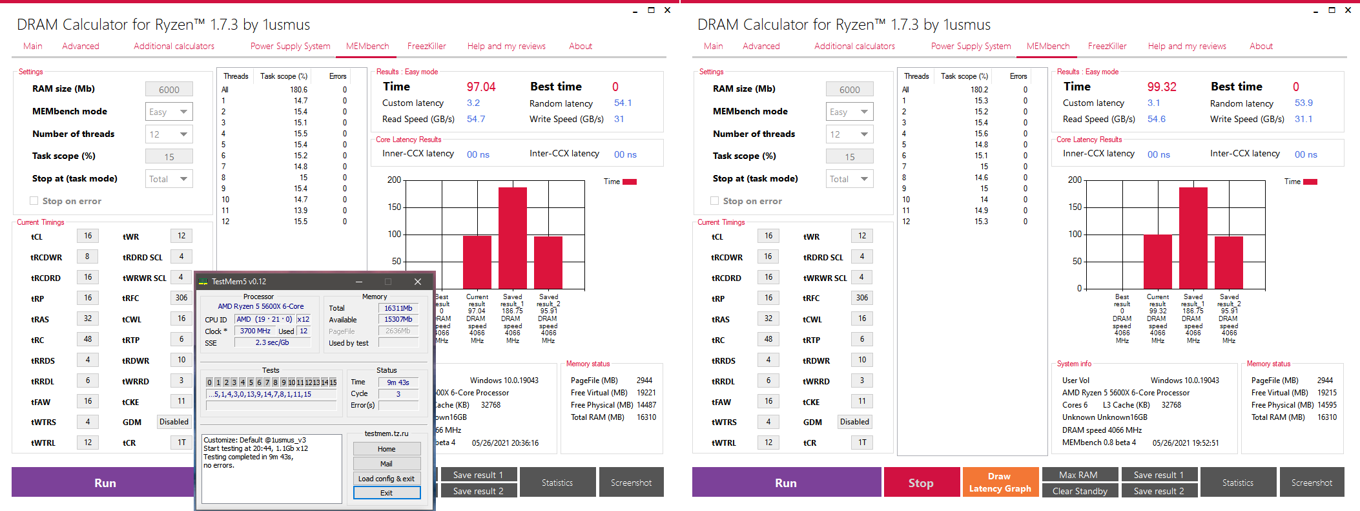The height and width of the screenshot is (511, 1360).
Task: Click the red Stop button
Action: pos(920,483)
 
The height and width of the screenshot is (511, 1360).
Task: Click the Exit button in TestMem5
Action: pos(386,493)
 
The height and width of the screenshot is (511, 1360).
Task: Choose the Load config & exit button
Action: pos(386,479)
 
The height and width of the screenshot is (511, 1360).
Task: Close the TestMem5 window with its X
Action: pos(418,282)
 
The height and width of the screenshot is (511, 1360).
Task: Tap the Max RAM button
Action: pos(1078,475)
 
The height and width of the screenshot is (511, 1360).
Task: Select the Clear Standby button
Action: pos(1080,491)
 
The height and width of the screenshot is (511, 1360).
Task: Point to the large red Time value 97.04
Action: pos(481,87)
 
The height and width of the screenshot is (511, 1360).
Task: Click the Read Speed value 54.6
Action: pos(1156,120)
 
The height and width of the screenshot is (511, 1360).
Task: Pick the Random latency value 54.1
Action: pos(623,103)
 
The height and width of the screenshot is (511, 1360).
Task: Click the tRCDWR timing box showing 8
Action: pos(88,256)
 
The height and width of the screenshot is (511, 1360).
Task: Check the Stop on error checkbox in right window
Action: pos(714,201)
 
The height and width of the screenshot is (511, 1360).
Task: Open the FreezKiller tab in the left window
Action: pos(426,47)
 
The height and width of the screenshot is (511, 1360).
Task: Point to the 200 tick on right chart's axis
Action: pos(1075,180)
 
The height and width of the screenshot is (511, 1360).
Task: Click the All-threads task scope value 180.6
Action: pos(298,90)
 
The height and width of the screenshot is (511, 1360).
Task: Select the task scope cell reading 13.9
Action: pos(300,211)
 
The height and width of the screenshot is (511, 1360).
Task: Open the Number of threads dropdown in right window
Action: pos(849,134)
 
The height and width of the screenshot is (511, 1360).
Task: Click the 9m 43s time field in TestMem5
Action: pos(398,382)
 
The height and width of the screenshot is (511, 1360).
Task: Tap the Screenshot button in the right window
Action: pos(1311,483)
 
